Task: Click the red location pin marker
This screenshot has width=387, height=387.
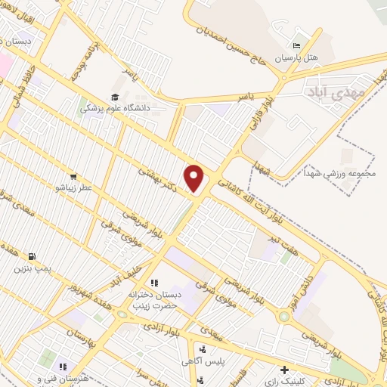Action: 195,178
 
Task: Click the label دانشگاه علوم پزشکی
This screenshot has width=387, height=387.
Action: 113,108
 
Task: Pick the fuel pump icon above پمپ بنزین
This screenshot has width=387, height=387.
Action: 31,255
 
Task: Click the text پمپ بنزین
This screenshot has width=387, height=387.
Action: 31,268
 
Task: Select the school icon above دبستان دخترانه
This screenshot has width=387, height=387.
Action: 154,283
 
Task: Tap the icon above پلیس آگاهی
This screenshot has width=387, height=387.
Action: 203,350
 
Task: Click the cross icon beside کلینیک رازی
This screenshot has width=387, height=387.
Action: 283,370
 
